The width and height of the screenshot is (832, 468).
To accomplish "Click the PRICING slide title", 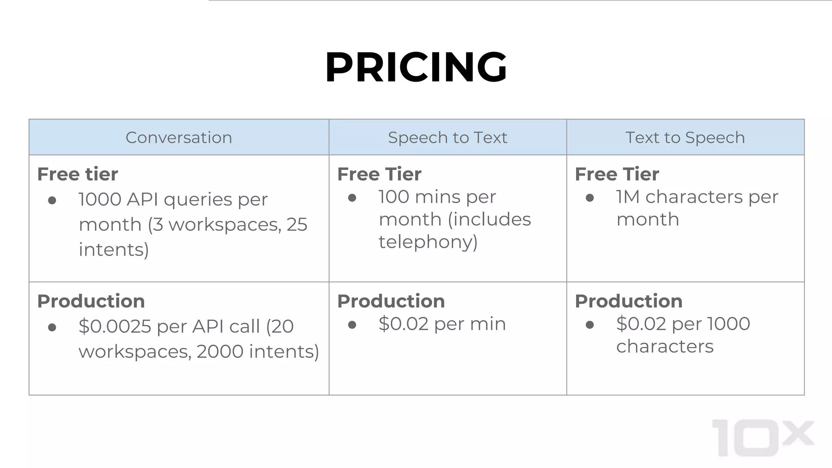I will [x=416, y=67].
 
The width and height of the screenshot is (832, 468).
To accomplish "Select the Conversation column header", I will [x=179, y=137].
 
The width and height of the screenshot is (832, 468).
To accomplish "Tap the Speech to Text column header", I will [x=447, y=137].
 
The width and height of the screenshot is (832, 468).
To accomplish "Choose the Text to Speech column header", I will [x=685, y=137].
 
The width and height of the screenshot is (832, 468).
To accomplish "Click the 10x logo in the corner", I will [x=763, y=438].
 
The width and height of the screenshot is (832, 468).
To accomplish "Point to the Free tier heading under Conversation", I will [x=78, y=174].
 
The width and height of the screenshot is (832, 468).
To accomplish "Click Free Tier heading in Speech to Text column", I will [x=379, y=174].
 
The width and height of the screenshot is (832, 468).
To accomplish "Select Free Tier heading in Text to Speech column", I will [x=617, y=174].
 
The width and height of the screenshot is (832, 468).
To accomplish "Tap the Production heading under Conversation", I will [x=91, y=301].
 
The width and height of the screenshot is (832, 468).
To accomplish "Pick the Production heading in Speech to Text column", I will [x=391, y=301].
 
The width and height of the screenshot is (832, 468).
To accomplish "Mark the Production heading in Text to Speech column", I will [x=628, y=301].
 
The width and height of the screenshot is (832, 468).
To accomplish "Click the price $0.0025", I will [x=115, y=326].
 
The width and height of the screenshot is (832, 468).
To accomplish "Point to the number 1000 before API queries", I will [x=100, y=199].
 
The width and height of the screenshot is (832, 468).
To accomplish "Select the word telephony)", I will [x=428, y=242].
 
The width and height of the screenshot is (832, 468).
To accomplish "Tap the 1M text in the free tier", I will [x=628, y=197].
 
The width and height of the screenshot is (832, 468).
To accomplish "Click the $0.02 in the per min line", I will [x=403, y=324].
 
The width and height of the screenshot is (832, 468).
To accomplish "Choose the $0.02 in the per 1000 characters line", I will [x=641, y=324].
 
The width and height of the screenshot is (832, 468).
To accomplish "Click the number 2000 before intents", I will [x=220, y=351].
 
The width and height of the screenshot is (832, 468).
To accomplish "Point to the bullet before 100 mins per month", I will [x=352, y=198].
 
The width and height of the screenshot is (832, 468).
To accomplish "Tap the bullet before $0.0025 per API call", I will [x=52, y=327].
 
